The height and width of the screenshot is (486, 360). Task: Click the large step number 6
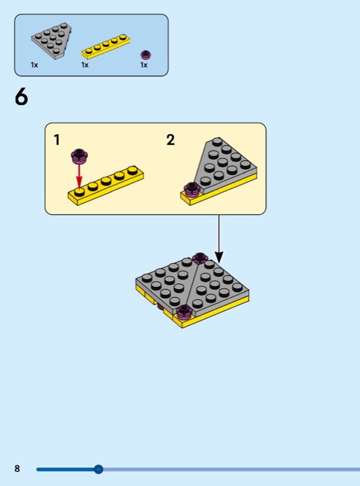(21, 97)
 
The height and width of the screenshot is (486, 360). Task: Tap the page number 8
(18, 468)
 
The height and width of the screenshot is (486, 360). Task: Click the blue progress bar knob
(98, 469)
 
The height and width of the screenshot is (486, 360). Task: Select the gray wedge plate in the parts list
(52, 40)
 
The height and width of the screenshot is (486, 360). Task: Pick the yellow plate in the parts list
(106, 47)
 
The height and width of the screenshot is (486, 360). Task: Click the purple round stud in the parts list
(146, 55)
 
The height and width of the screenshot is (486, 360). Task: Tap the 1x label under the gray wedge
(35, 65)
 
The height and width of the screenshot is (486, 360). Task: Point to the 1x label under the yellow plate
(85, 65)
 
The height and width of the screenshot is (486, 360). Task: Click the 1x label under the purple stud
(144, 65)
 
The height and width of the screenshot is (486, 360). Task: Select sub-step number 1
(56, 140)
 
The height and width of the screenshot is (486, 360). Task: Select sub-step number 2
(171, 140)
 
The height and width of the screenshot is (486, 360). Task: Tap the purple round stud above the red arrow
(80, 156)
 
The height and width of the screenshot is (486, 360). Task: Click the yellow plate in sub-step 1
(106, 185)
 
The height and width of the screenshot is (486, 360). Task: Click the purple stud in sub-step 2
(192, 190)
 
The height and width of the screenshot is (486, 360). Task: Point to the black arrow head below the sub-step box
(219, 258)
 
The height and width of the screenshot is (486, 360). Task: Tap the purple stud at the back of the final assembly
(200, 258)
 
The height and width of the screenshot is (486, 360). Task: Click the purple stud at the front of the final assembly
(185, 312)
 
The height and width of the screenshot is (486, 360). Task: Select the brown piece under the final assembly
(160, 307)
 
